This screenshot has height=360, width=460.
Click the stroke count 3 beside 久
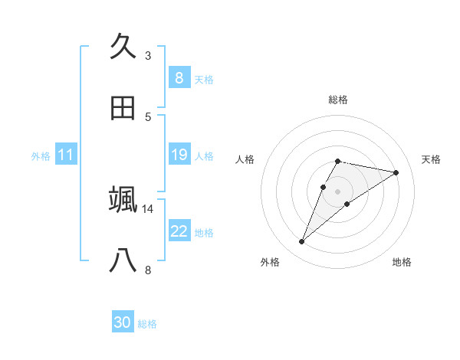tap(148, 55)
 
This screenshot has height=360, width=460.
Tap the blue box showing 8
tap(179, 77)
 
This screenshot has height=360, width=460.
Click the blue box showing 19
tap(179, 155)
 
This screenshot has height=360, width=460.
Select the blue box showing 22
tap(179, 231)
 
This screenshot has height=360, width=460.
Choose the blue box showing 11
tap(66, 155)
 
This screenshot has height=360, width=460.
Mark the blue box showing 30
tap(123, 322)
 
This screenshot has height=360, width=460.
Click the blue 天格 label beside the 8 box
tap(204, 79)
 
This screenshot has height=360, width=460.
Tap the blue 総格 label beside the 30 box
tap(147, 324)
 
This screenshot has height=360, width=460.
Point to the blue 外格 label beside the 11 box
tap(41, 156)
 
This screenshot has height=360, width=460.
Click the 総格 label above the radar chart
tap(338, 100)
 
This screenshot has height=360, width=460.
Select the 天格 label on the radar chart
tap(431, 159)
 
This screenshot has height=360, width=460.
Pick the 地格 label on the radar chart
tap(402, 262)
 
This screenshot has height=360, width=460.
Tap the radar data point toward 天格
tap(396, 172)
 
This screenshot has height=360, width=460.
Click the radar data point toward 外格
tap(301, 242)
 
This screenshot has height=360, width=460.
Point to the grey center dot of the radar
tap(338, 191)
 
